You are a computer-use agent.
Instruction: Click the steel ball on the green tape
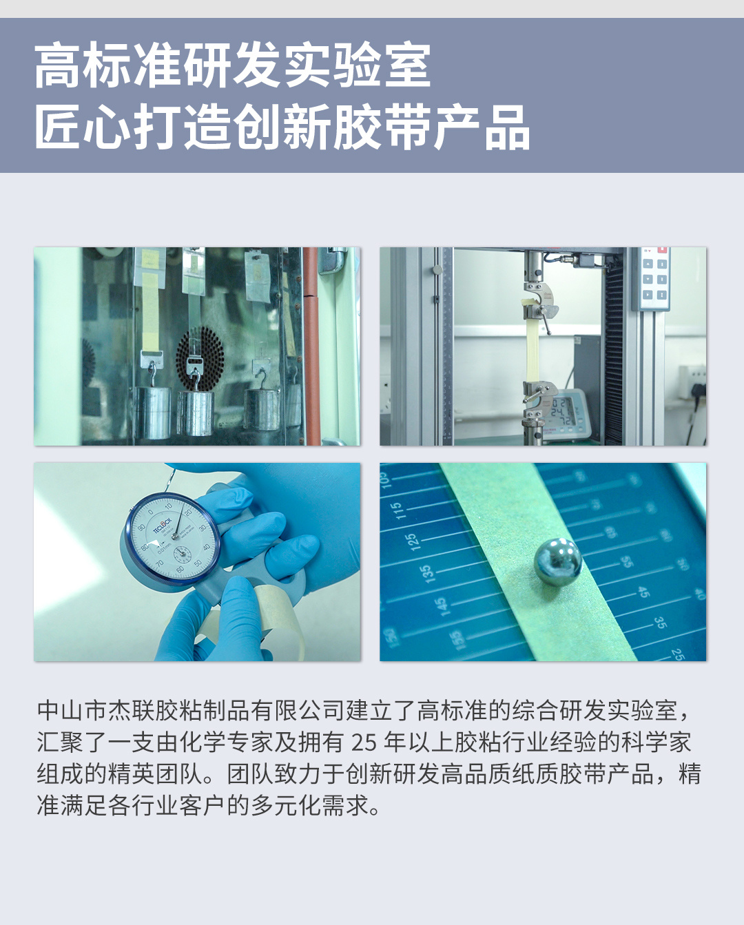[558, 561]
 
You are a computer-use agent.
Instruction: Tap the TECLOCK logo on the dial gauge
[162, 526]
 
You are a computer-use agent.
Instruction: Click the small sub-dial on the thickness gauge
[183, 554]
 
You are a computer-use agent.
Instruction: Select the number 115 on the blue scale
[397, 510]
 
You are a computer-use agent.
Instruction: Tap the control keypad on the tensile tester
[654, 278]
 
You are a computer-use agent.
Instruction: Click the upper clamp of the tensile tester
[539, 301]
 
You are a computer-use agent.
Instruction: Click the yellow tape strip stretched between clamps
[533, 349]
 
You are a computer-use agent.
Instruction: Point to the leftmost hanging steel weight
[153, 413]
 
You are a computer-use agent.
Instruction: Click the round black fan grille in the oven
[200, 358]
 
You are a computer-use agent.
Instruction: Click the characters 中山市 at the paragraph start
[72, 711]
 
